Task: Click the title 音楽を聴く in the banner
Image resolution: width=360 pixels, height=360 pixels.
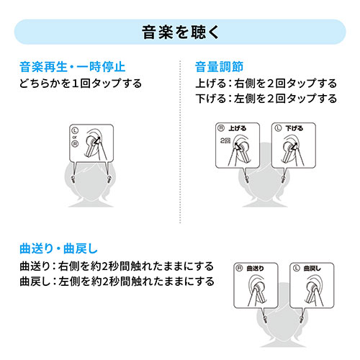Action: tap(179, 32)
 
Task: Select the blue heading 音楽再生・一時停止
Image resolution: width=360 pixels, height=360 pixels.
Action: tap(73, 68)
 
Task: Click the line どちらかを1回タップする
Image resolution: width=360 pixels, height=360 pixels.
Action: tap(81, 83)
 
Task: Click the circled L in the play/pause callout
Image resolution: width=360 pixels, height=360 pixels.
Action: tap(75, 130)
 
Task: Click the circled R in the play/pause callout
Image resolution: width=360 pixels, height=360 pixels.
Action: tap(75, 143)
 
